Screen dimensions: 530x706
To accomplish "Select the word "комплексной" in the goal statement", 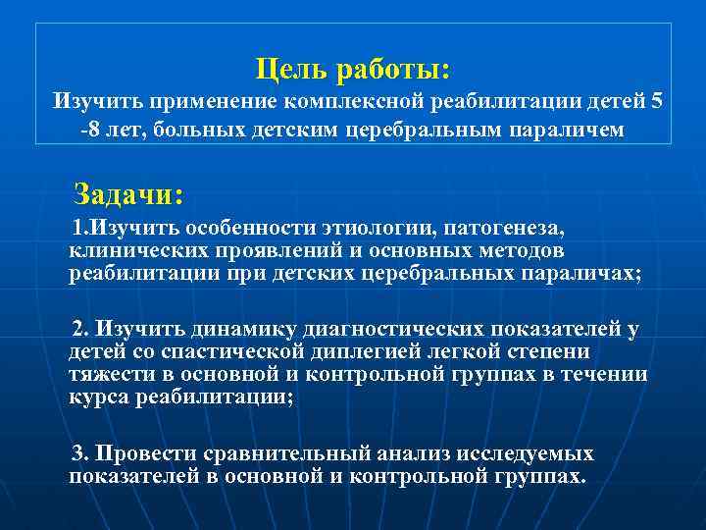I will [x=343, y=101].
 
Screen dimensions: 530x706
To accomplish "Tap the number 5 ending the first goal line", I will [x=655, y=101].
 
